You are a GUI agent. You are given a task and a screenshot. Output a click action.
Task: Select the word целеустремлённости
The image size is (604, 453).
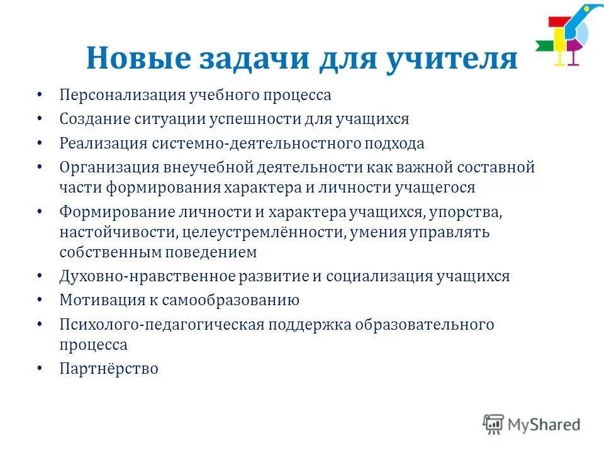click(x=263, y=233)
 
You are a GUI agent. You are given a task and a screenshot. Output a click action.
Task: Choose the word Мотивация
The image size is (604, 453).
click(x=99, y=300)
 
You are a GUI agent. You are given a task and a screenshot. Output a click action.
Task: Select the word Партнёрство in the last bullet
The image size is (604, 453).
click(x=109, y=369)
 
